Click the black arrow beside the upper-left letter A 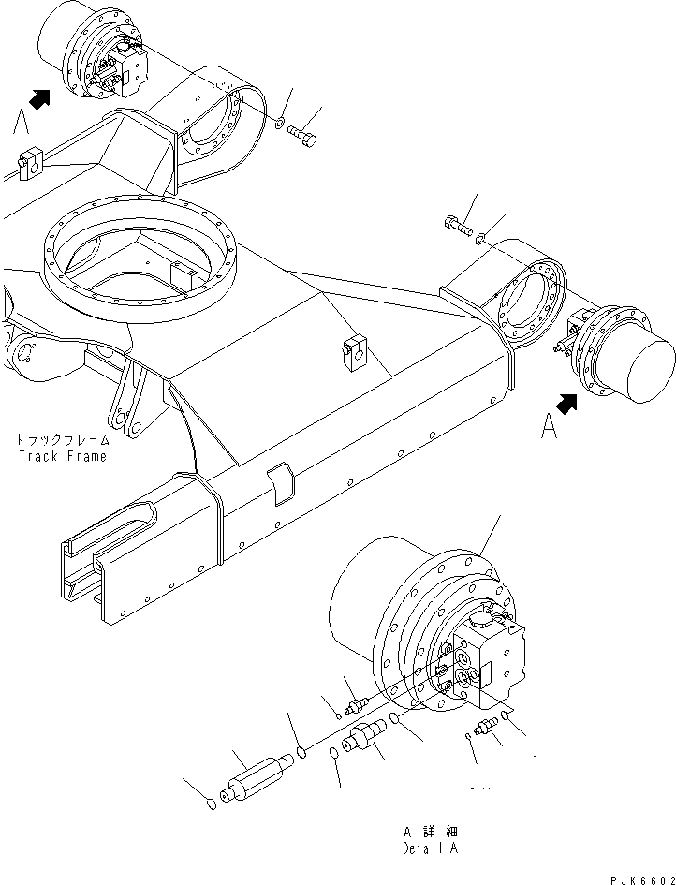point(40,96)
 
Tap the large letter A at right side point(551,429)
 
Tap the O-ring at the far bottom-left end point(213,803)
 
